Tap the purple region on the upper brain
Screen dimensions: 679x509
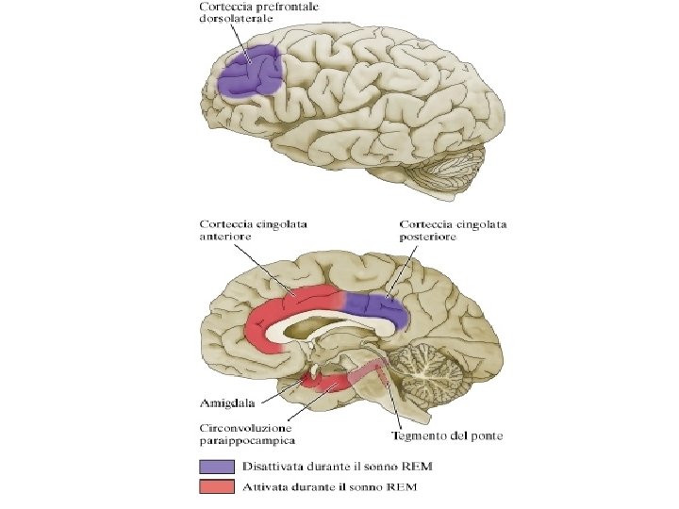[251, 73]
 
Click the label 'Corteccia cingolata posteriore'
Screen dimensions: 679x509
[453, 231]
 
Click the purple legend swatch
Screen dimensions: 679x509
[215, 467]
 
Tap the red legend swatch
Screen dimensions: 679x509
[215, 486]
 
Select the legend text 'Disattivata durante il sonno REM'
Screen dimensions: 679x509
[329, 467]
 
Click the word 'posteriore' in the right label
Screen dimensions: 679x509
[428, 238]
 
